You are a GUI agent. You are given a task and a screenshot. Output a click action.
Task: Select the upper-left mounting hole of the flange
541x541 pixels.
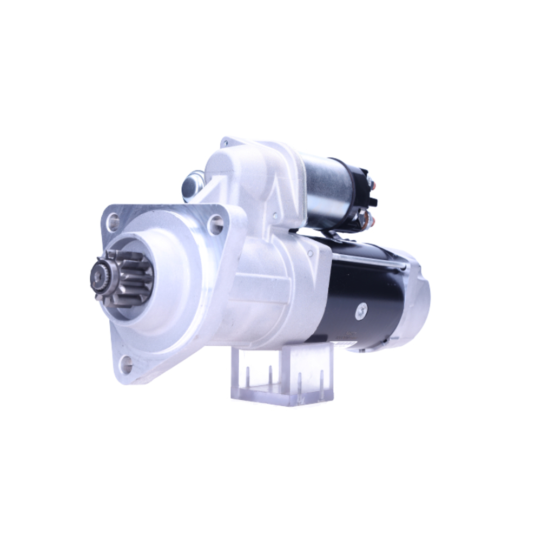tap(113, 221)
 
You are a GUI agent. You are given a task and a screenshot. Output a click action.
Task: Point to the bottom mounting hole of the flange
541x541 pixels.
tap(126, 365)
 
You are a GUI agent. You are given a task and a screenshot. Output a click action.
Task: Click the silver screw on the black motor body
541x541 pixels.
tap(361, 310)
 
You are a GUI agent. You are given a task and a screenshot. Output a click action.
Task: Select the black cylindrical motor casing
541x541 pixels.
tap(360, 292)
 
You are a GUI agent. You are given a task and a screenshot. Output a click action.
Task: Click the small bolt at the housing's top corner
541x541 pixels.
tap(225, 143)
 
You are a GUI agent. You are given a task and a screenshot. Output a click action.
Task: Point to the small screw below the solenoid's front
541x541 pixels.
tap(310, 253)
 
